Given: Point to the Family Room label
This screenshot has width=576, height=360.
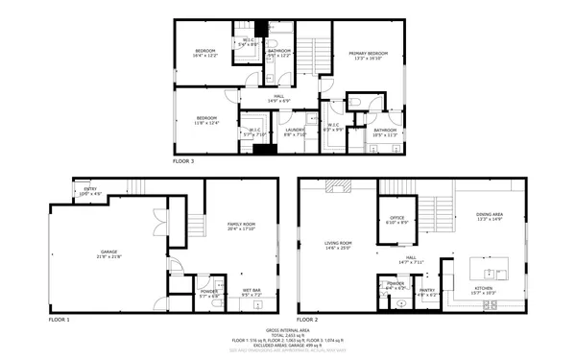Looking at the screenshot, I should point(241,227).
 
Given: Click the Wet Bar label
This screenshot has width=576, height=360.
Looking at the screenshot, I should point(252,292).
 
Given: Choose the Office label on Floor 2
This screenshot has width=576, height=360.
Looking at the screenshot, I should point(396,220).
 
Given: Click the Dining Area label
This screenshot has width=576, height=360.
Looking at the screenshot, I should point(491,217).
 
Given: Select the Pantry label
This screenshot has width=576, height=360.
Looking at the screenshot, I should point(427,291).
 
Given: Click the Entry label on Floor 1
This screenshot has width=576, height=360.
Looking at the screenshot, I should point(89,191).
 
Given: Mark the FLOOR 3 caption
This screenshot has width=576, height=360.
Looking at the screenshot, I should point(183,161).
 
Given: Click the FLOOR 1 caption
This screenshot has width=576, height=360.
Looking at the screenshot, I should point(60,319).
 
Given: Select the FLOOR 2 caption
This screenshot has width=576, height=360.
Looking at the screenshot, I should point(309,319).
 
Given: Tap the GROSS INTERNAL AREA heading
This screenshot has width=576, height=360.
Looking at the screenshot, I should point(288,328).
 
